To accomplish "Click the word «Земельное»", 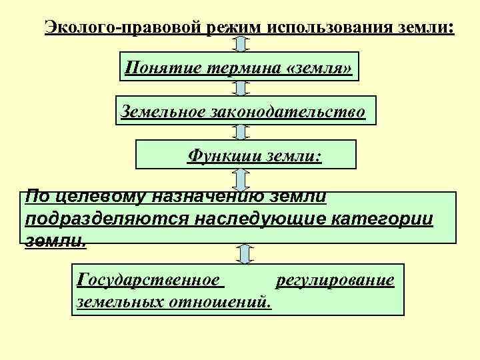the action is coord(164,111).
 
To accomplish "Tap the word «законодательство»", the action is coord(289,111).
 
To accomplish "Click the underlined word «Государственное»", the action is coord(149,280).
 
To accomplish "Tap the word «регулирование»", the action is coord(335,280).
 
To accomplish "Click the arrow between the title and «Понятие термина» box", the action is coord(241,44).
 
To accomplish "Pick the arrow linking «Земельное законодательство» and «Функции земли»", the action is coord(241,132).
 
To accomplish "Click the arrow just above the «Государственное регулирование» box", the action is coord(245,253).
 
